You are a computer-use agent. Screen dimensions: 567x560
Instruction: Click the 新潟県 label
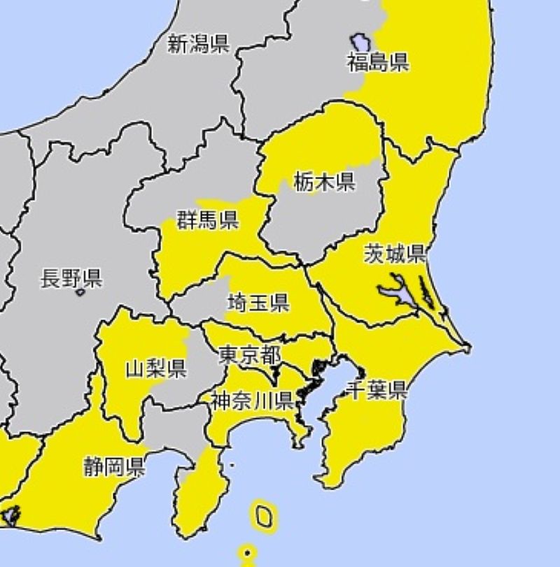click(198, 45)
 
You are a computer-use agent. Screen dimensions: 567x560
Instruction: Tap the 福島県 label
click(378, 63)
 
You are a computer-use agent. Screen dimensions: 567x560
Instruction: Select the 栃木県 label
click(324, 183)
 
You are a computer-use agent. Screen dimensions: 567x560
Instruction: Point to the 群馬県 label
click(207, 221)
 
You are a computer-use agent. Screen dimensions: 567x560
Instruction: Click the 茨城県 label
click(395, 254)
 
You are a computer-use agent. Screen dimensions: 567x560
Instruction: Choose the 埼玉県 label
click(258, 303)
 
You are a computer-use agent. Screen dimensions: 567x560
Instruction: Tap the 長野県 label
click(71, 279)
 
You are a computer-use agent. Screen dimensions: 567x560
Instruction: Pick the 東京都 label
click(249, 354)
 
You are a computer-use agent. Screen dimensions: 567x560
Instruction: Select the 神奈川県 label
click(252, 401)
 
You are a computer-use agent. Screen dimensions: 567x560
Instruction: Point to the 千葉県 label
click(377, 390)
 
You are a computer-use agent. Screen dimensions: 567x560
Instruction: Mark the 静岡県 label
click(115, 466)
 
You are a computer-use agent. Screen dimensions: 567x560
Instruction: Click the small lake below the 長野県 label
click(80, 292)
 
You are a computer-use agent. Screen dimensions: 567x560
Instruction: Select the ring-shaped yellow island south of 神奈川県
click(263, 516)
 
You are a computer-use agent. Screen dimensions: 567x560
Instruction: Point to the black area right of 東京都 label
click(319, 367)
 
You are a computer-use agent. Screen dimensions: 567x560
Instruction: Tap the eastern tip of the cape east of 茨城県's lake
click(468, 347)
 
